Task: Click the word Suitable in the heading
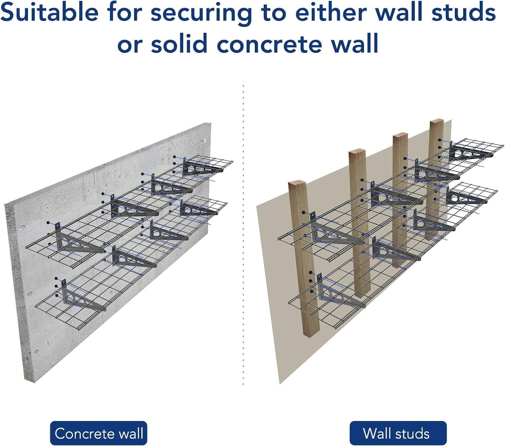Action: (x=49, y=13)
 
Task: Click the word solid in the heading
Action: (x=178, y=44)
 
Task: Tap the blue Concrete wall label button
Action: (x=99, y=433)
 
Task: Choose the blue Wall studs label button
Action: (x=398, y=433)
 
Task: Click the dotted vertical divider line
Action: (x=243, y=236)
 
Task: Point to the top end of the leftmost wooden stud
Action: (x=297, y=184)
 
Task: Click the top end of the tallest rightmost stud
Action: (x=436, y=122)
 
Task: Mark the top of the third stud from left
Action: (x=400, y=137)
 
